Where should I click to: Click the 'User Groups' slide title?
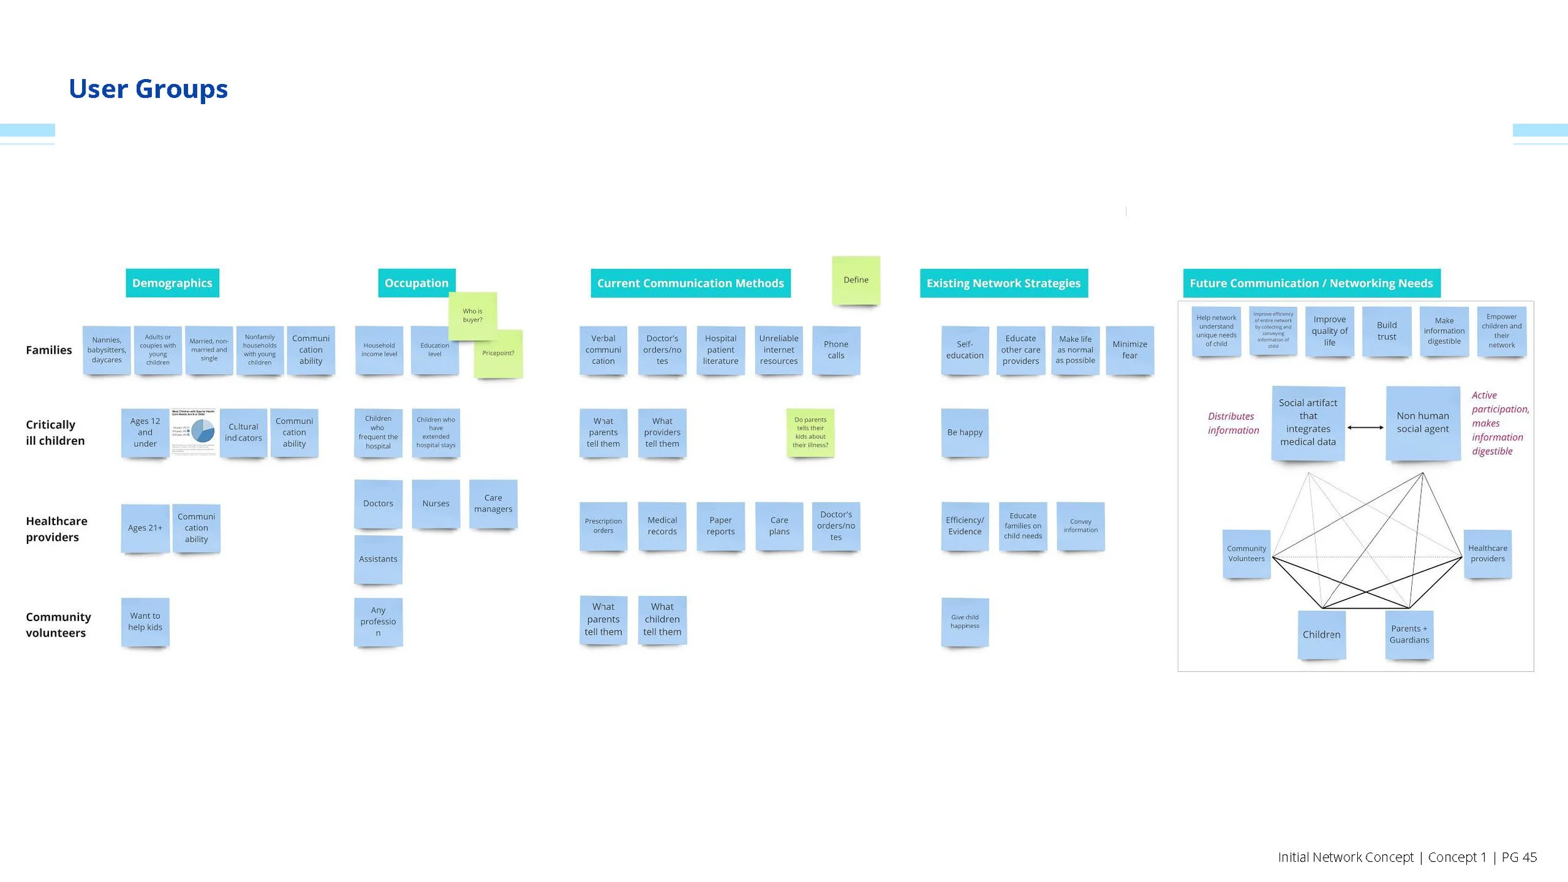(x=148, y=89)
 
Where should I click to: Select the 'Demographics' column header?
(x=172, y=283)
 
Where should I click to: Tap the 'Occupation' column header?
(x=416, y=283)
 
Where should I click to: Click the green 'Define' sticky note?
(x=856, y=280)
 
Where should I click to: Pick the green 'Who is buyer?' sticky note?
(x=472, y=315)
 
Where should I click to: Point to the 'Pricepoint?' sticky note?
(x=498, y=353)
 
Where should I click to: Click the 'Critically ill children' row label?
(x=55, y=432)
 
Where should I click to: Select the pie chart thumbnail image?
(x=194, y=432)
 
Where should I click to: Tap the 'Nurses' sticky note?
(x=435, y=503)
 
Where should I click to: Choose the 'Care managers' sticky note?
(x=493, y=503)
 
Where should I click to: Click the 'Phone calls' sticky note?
(x=835, y=350)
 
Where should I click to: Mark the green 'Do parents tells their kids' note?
(x=810, y=432)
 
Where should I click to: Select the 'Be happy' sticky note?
(x=965, y=432)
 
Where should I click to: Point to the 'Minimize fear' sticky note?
(x=1129, y=350)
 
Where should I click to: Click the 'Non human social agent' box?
(x=1422, y=422)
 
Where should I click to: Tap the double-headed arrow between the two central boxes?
(x=1365, y=427)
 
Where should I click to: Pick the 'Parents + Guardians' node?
(x=1409, y=634)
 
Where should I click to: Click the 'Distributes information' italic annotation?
(x=1232, y=423)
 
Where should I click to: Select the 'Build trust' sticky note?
(x=1386, y=331)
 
